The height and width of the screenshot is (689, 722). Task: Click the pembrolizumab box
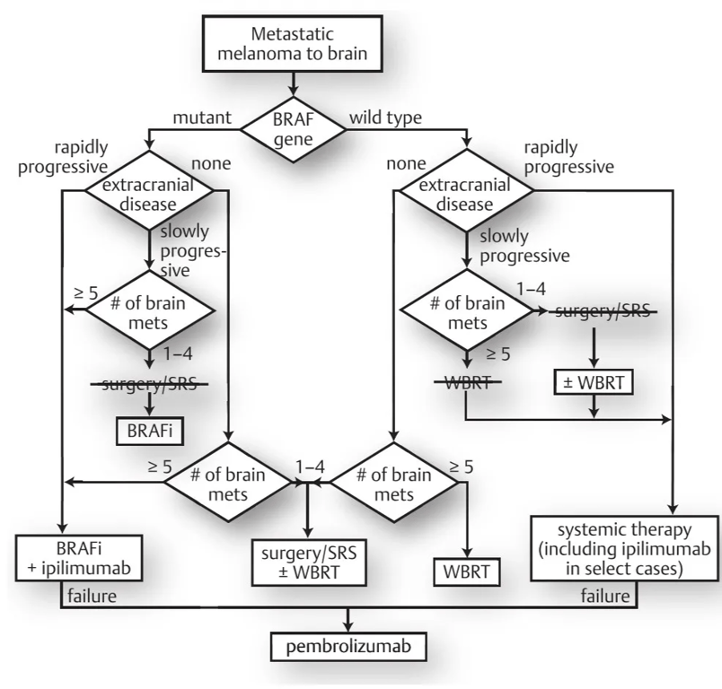click(348, 646)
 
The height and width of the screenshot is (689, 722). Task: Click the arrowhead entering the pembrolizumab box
click(348, 626)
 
